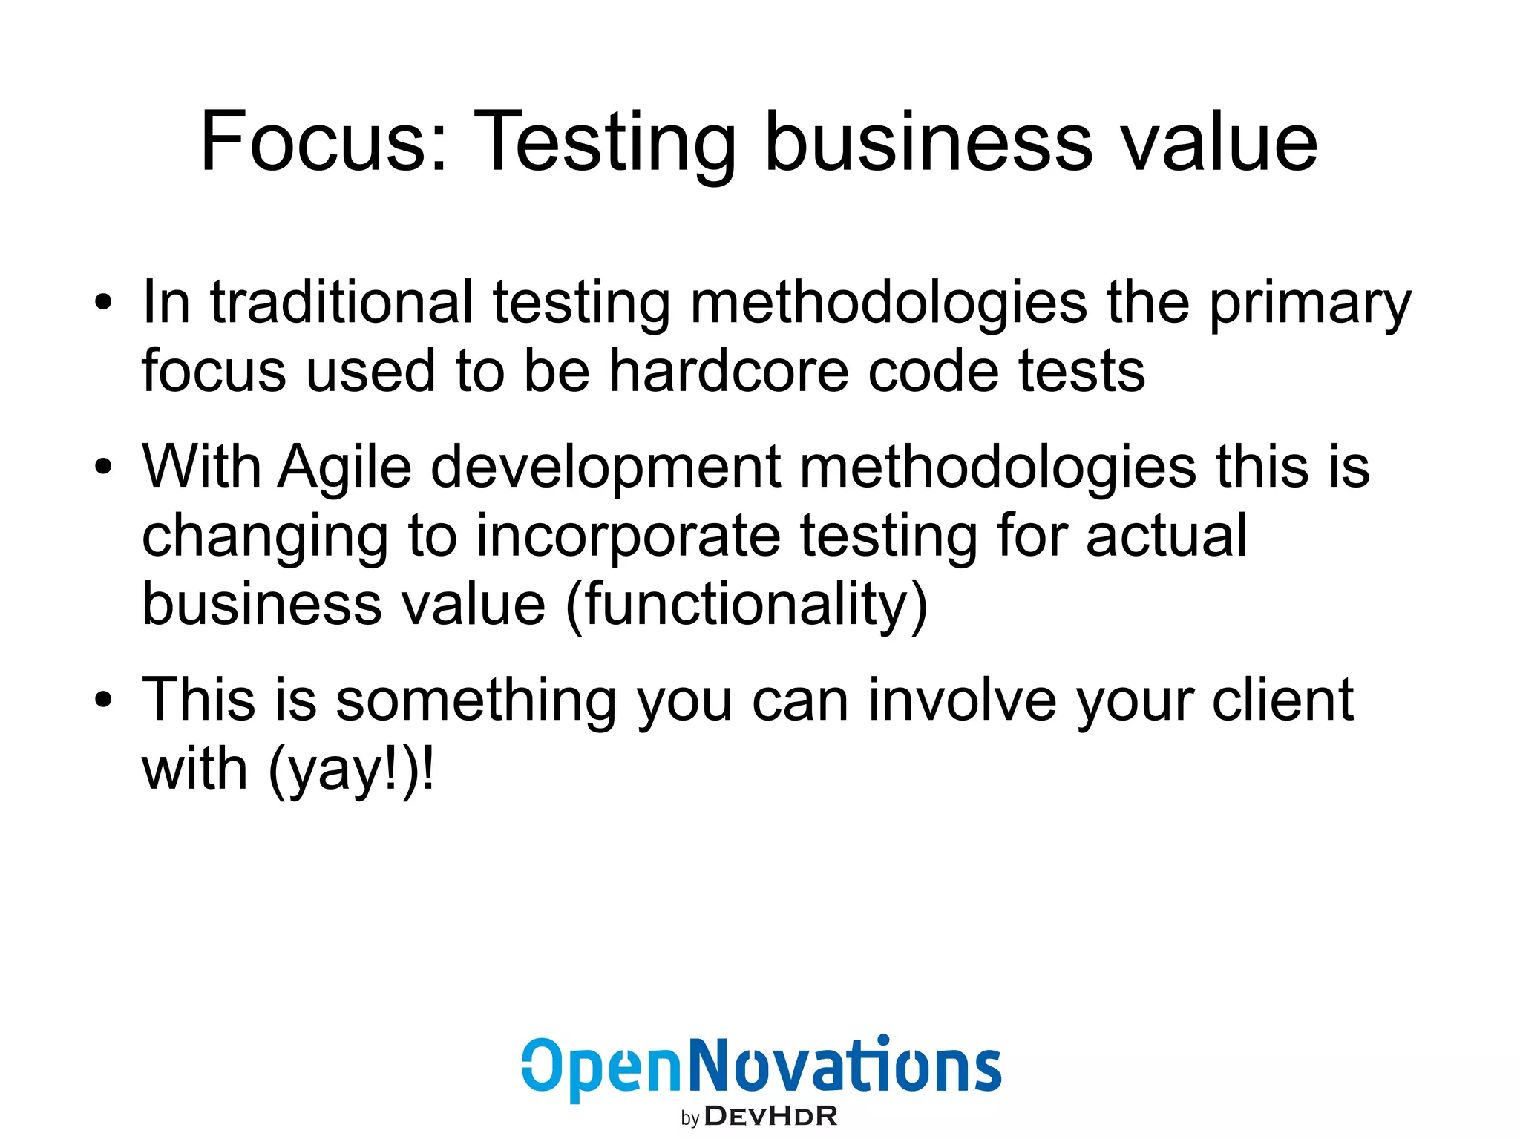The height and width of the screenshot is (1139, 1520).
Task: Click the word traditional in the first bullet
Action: point(341,303)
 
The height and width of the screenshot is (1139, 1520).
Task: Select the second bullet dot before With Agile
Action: point(103,467)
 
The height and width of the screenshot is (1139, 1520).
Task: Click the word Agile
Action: point(344,467)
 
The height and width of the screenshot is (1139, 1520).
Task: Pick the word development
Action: point(606,467)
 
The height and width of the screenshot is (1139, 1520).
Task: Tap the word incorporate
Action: point(628,536)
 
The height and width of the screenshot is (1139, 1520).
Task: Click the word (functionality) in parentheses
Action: point(747,604)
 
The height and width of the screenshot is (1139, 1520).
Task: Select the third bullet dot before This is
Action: point(103,700)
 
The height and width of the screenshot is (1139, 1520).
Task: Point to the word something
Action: point(476,700)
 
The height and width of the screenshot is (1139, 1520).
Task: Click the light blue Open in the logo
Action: point(601,1067)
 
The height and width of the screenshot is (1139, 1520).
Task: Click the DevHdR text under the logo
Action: point(770,1116)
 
